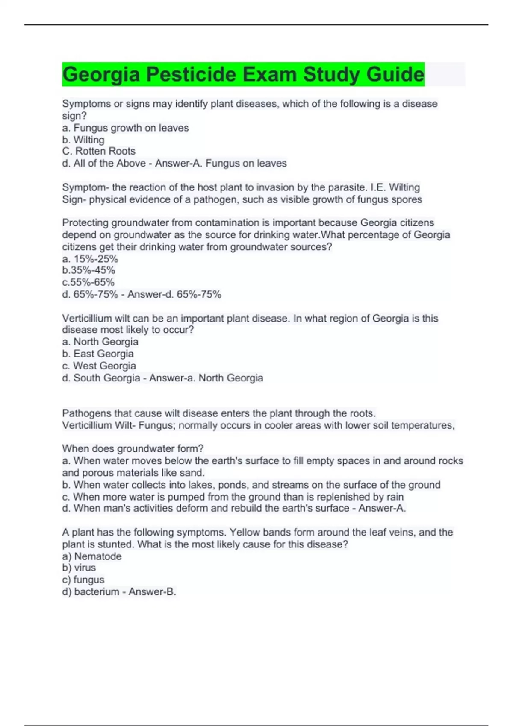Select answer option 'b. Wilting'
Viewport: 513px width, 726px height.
pos(83,140)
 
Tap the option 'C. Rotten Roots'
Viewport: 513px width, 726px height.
pos(99,151)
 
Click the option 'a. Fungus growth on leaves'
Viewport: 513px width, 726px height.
pos(125,128)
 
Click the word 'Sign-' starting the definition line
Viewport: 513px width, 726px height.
pos(74,199)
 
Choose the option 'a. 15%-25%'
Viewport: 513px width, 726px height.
pos(90,259)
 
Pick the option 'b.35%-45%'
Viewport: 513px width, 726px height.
pos(88,270)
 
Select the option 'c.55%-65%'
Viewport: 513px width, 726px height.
pos(88,282)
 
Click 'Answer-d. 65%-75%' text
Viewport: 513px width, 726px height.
pos(174,294)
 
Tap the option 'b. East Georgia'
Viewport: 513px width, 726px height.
pos(97,354)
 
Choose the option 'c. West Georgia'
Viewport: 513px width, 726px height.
pos(99,366)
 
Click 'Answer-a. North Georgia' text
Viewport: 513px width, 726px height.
pos(206,378)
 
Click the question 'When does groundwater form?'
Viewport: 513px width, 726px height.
pos(133,449)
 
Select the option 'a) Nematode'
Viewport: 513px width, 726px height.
pos(91,556)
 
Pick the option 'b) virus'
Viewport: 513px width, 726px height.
pos(79,568)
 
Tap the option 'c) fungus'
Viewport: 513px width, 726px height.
pos(83,580)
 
